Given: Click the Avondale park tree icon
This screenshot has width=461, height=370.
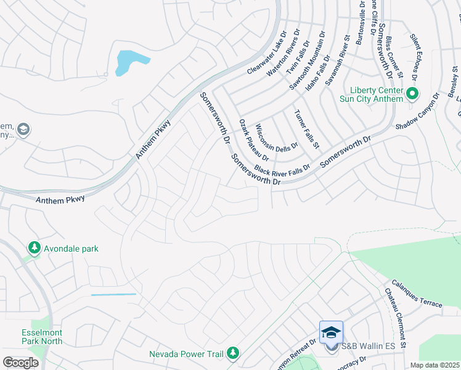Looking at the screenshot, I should coord(35,249).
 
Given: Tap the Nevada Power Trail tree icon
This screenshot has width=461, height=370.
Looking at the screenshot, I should coord(233,353).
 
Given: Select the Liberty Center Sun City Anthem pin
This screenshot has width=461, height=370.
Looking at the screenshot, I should coord(412,94).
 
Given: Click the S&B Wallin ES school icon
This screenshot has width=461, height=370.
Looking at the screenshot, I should coord(331,333).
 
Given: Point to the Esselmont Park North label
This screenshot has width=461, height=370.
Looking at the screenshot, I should coord(41,336).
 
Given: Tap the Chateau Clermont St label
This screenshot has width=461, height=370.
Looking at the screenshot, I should coord(396,317).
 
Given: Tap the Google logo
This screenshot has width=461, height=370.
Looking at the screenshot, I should coord(20,363).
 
